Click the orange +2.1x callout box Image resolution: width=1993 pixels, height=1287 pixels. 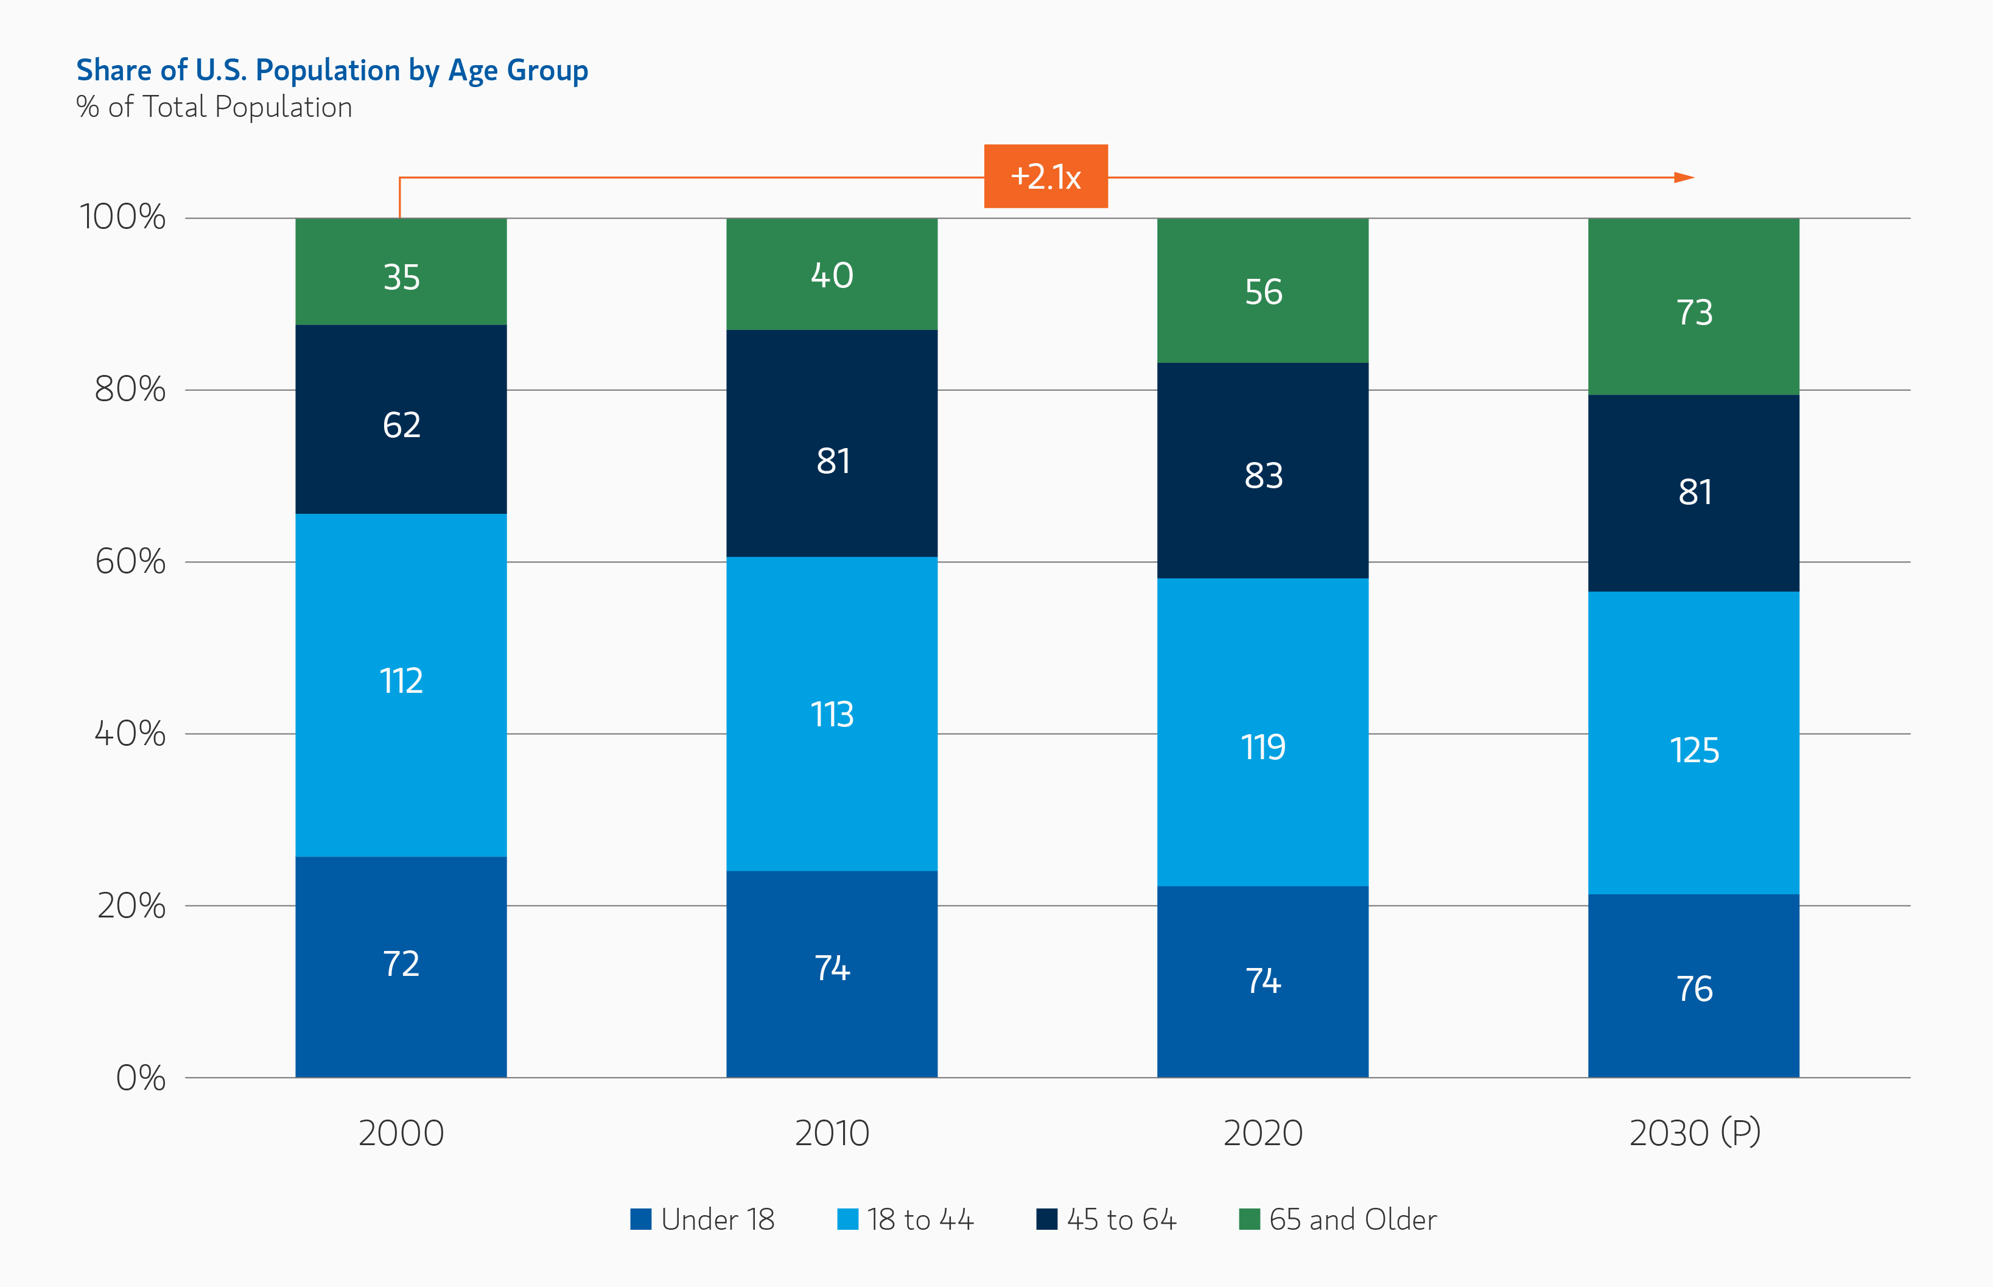point(1045,177)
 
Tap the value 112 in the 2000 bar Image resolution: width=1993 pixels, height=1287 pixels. point(401,681)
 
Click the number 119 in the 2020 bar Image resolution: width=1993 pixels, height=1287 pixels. point(1263,747)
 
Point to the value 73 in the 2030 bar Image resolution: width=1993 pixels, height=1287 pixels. point(1694,312)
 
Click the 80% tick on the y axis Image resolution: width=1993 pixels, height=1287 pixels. point(130,390)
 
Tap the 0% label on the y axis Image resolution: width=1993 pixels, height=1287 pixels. point(141,1078)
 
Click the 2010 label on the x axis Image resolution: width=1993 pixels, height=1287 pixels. point(832,1133)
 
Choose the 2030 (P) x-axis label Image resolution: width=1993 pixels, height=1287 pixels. point(1695,1133)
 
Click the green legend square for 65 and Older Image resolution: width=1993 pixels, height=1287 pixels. point(1249,1219)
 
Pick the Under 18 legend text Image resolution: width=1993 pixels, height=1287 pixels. point(717,1219)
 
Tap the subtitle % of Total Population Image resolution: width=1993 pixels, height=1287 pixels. point(214,107)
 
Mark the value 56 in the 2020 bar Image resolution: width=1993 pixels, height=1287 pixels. point(1263,292)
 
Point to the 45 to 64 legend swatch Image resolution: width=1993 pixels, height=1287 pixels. point(1046,1219)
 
